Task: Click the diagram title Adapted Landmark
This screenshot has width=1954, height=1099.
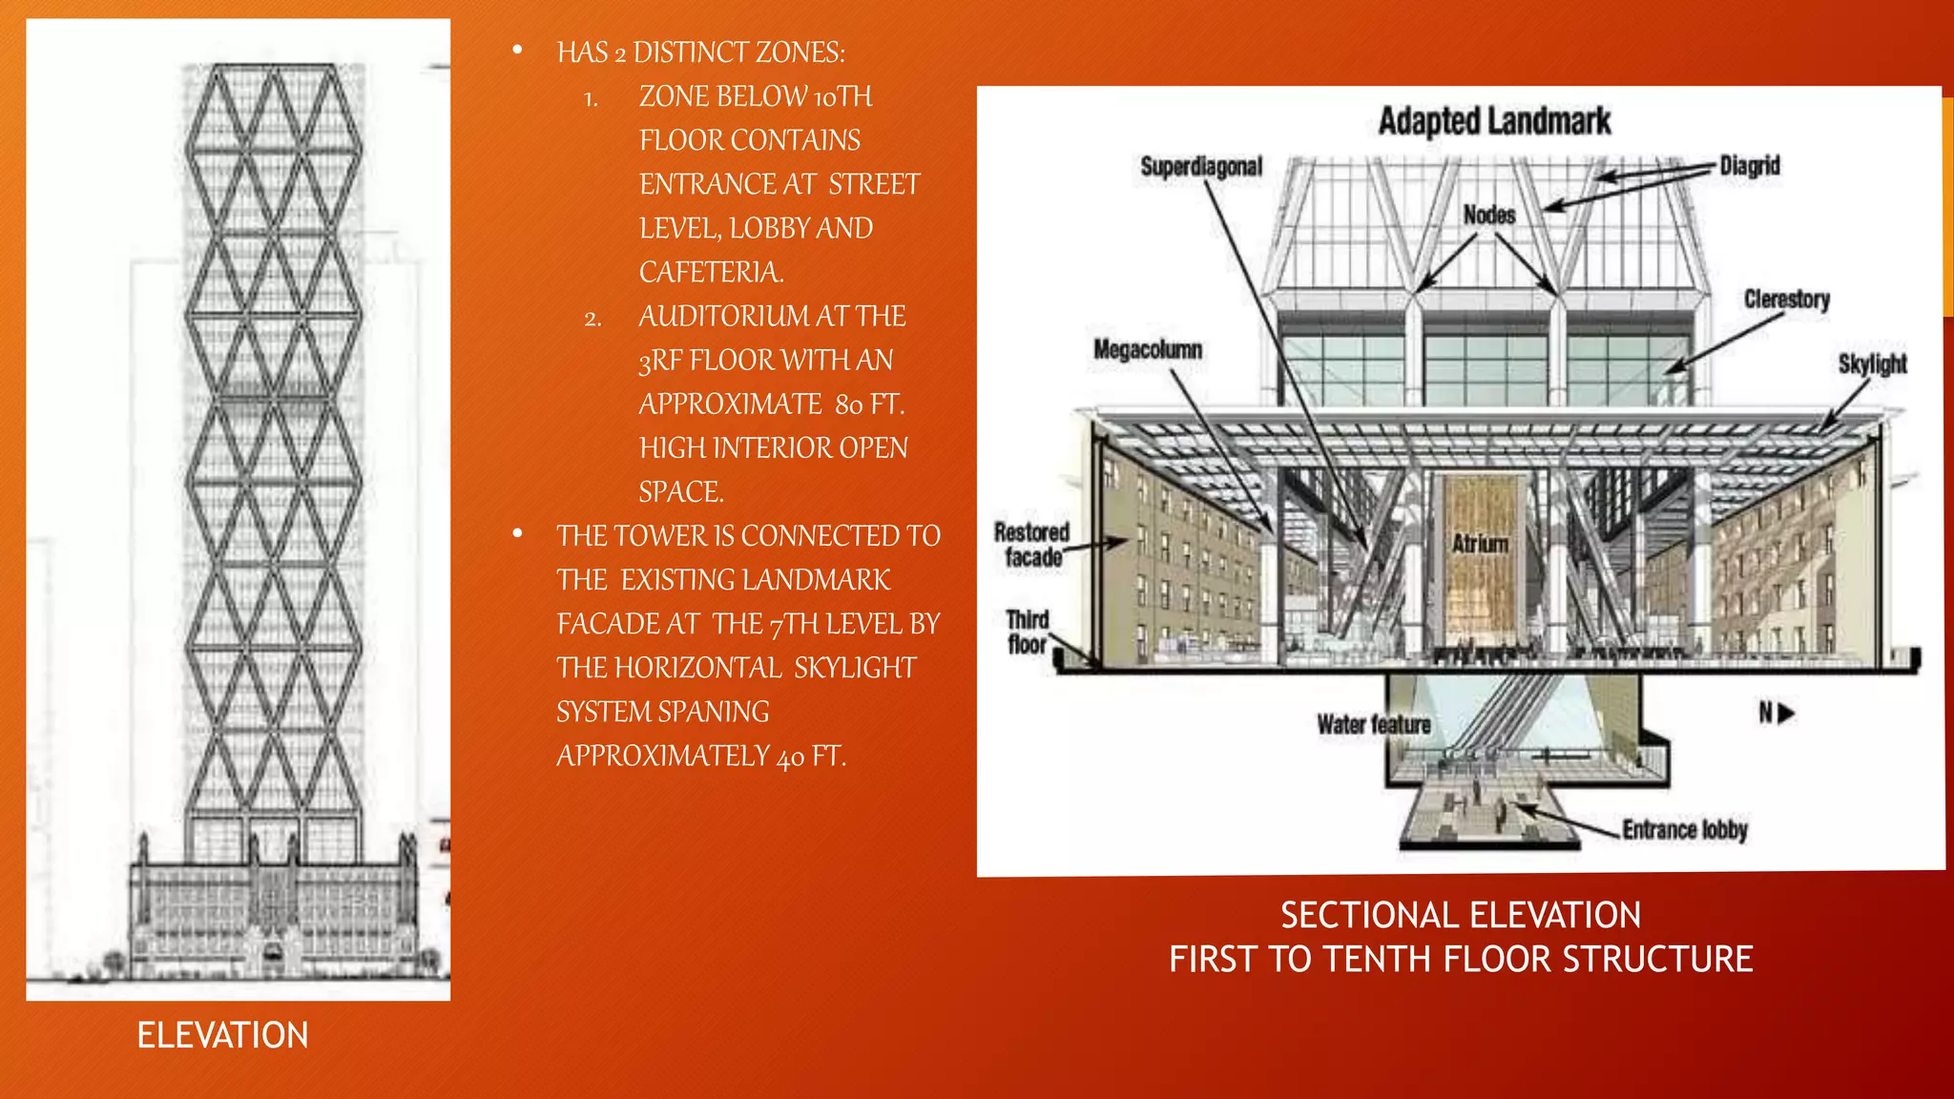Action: [1494, 121]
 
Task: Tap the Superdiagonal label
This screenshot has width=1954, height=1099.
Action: [1201, 167]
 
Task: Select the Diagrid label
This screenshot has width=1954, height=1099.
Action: [1750, 166]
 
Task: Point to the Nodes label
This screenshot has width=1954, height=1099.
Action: [1489, 215]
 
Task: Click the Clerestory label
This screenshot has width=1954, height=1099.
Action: [1786, 300]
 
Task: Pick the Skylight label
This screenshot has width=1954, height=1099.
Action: [1872, 364]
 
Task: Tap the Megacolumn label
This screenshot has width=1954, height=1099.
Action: [1147, 350]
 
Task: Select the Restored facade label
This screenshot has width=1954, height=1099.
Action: [1031, 545]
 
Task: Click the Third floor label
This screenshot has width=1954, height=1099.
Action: [1028, 632]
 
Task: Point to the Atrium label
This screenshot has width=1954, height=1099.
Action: [1480, 544]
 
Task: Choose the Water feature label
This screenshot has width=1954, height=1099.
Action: [1374, 725]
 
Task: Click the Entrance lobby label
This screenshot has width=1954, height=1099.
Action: [1685, 830]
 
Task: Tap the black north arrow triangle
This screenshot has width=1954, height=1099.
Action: [1787, 714]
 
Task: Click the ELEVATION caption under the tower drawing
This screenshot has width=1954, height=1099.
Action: [222, 1035]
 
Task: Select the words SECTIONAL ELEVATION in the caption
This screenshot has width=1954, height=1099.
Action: [1461, 916]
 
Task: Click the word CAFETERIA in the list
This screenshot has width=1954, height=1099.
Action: [711, 273]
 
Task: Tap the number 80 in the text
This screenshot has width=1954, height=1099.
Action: [849, 405]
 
